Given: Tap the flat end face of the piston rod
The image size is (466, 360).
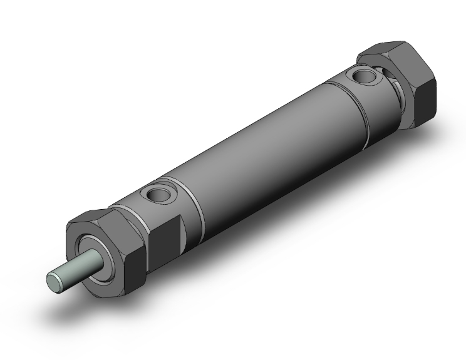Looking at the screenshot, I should [55, 281].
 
